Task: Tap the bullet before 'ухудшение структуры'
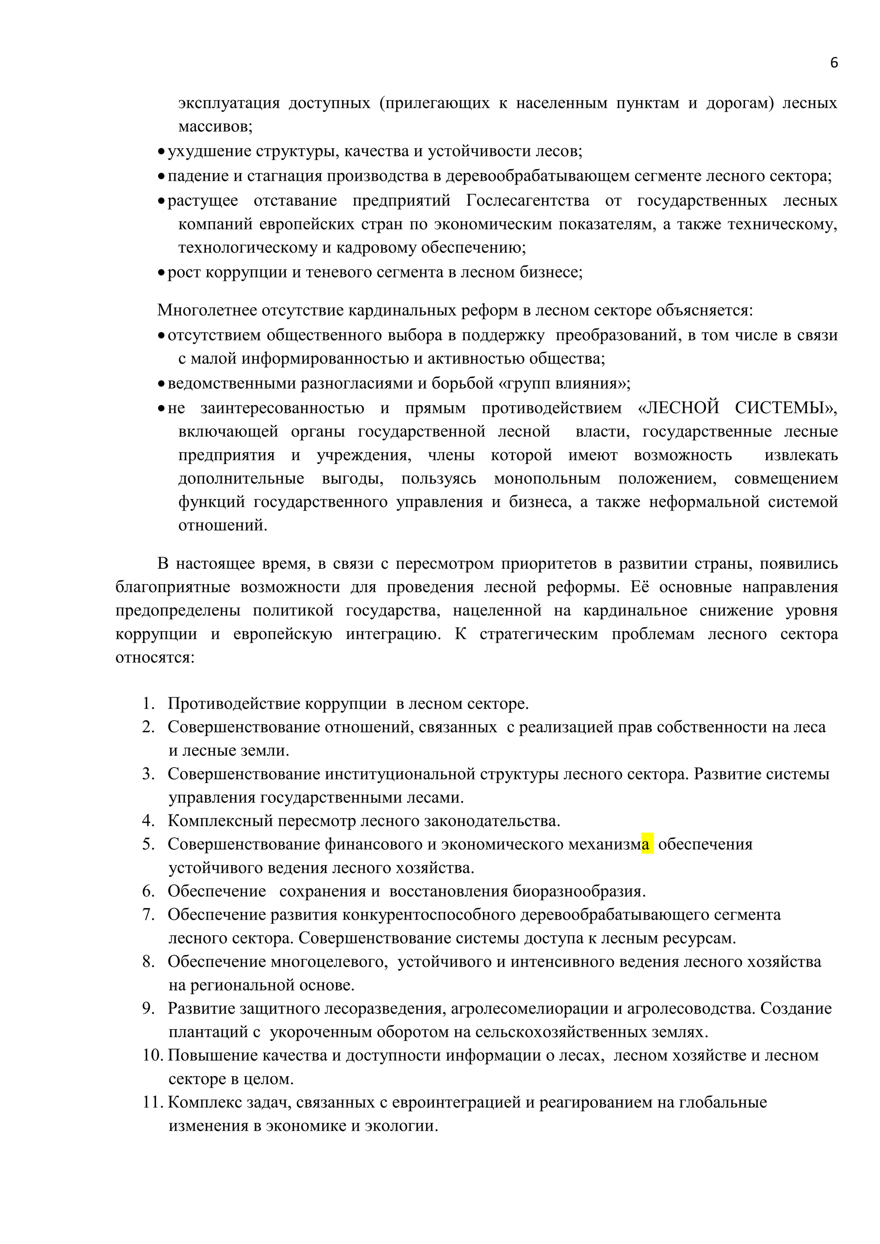[161, 152]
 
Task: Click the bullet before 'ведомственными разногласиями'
[161, 384]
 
